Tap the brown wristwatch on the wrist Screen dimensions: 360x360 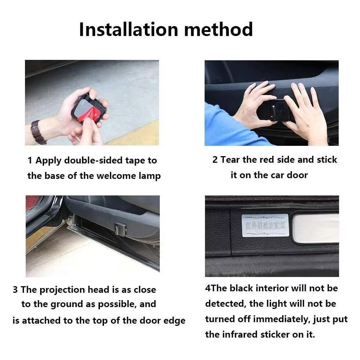[38, 132]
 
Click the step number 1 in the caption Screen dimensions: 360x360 [30, 161]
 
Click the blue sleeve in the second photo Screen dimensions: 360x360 [228, 129]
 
